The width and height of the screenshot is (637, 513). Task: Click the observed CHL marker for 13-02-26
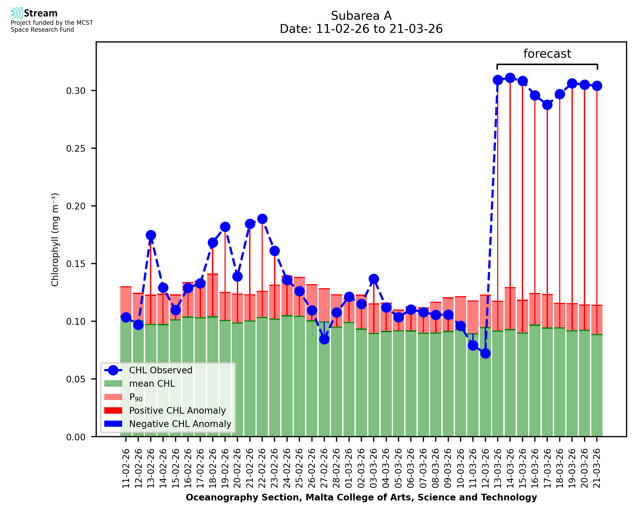click(x=151, y=235)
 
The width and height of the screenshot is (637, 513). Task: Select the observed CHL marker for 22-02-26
click(x=262, y=219)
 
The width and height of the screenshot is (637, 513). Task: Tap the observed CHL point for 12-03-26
click(x=485, y=353)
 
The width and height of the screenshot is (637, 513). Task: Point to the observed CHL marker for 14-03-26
click(x=510, y=78)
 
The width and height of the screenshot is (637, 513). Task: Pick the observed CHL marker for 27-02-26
click(x=325, y=339)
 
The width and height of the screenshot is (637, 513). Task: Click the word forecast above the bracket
click(x=547, y=54)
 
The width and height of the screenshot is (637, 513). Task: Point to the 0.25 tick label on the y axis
click(x=76, y=148)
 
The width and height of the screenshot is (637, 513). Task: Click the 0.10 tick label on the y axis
click(x=76, y=322)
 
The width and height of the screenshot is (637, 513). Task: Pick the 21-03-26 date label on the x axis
click(x=597, y=468)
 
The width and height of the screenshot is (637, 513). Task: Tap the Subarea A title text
click(x=361, y=16)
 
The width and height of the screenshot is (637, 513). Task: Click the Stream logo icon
click(x=17, y=13)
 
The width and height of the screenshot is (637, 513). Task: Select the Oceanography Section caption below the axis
click(x=361, y=498)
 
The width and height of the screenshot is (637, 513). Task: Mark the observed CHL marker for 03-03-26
click(x=374, y=279)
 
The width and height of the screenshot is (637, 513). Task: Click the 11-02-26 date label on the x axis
click(x=126, y=468)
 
